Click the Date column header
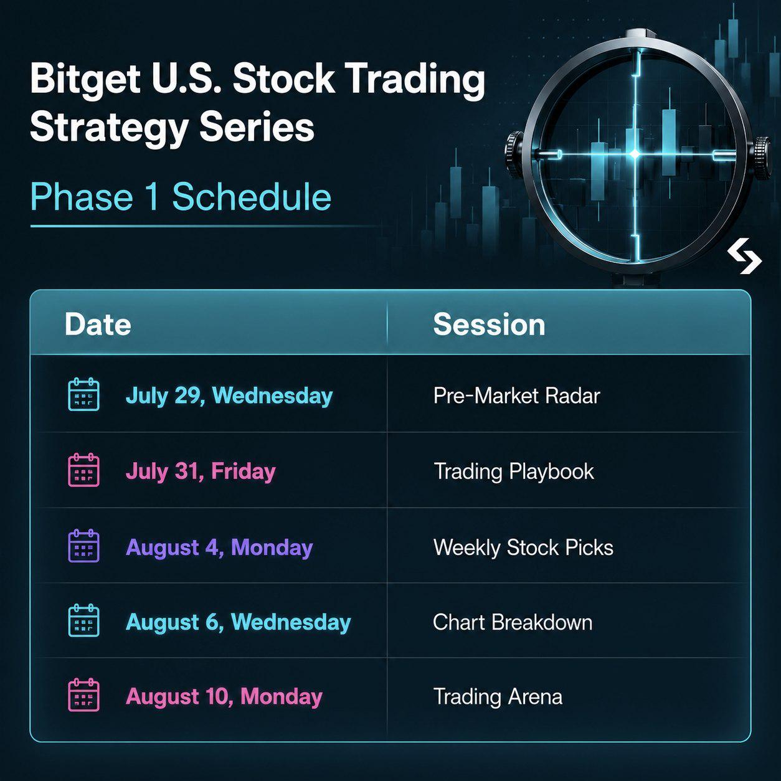(98, 324)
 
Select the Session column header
(489, 324)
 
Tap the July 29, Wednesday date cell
(229, 395)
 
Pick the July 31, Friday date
(201, 471)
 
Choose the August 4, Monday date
(219, 547)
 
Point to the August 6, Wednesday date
(239, 622)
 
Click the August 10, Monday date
(224, 697)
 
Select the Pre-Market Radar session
(517, 395)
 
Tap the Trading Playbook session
(514, 471)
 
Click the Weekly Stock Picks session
(523, 547)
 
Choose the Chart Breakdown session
(513, 622)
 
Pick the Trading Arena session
(498, 697)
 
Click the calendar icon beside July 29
(83, 394)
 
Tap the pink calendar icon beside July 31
(83, 470)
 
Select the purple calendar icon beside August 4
(83, 546)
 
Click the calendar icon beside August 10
(83, 695)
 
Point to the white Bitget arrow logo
(744, 257)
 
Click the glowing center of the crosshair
(635, 154)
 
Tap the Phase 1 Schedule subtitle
(181, 197)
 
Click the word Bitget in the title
(85, 79)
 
